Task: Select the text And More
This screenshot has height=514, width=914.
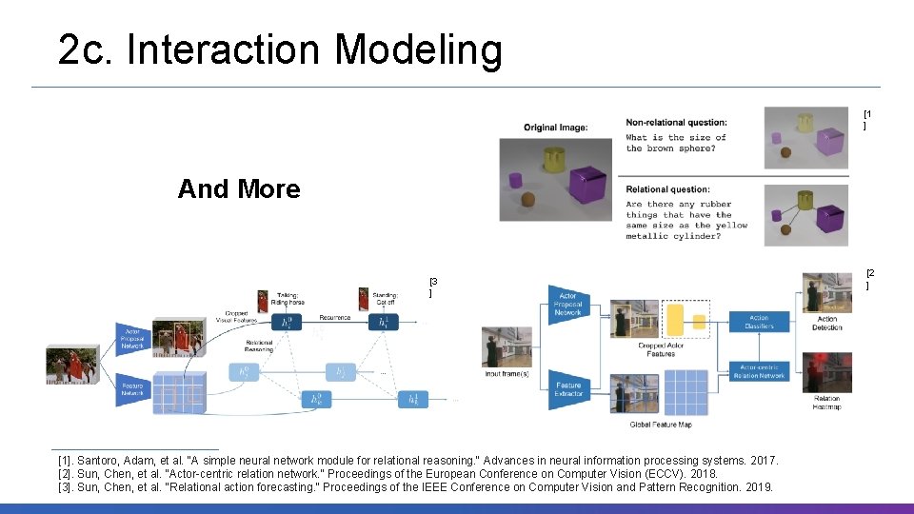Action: [239, 188]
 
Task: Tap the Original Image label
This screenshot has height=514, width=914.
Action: [555, 128]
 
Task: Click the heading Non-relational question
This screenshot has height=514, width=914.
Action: [676, 122]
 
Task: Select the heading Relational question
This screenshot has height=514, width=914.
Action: [667, 189]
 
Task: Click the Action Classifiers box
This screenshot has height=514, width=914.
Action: [759, 322]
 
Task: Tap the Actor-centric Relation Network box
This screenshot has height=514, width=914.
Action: [759, 371]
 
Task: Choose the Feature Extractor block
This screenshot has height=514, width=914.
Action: [568, 389]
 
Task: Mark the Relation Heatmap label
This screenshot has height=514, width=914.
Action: [826, 403]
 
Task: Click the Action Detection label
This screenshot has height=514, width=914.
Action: [826, 323]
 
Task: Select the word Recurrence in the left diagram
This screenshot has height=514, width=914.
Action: [334, 317]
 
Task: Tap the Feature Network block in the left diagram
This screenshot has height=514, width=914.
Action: [133, 387]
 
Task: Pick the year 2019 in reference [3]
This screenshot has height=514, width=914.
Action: [759, 487]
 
